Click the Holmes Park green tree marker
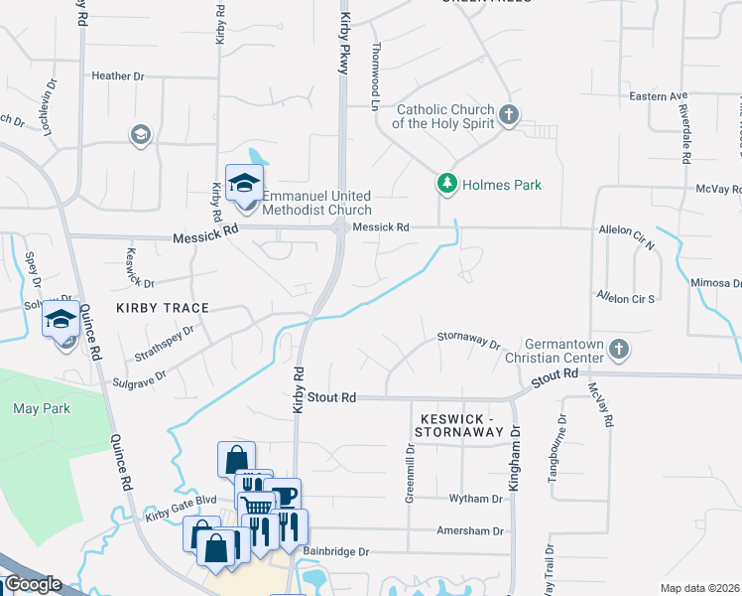coord(447,184)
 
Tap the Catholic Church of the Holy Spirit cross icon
coord(509,115)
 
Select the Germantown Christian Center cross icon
coord(619,349)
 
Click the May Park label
coord(39,408)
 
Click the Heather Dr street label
coord(118,75)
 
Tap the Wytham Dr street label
coord(476,499)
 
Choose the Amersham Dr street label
coord(469,531)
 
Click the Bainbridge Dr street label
coord(336,551)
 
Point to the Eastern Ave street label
coord(659,96)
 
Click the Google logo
coord(33,584)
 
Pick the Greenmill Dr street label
coord(410,475)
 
